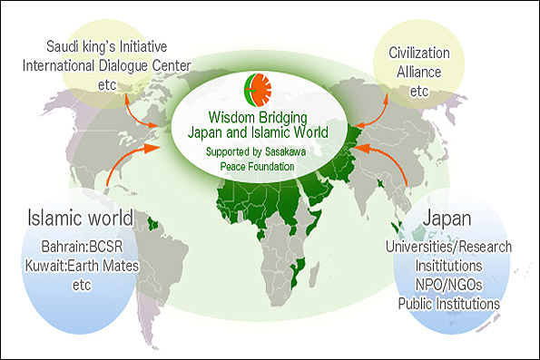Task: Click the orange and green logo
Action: pos(258,90)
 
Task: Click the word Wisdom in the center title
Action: pos(231,117)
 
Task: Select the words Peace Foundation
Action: pos(257,167)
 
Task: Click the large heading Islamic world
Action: pos(80,218)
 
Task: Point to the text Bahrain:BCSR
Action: pos(82,247)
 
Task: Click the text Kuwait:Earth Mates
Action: pos(82,266)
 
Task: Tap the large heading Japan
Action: pos(447,219)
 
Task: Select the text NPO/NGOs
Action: pos(448,285)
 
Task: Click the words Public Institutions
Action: pos(448,304)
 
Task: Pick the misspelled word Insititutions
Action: pos(448,266)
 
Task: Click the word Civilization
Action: pos(419,53)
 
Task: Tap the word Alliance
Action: pos(419,72)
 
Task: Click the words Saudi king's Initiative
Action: pos(107,46)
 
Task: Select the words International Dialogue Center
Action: pos(107,65)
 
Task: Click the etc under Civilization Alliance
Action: pos(419,92)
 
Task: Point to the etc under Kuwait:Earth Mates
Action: pos(82,286)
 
